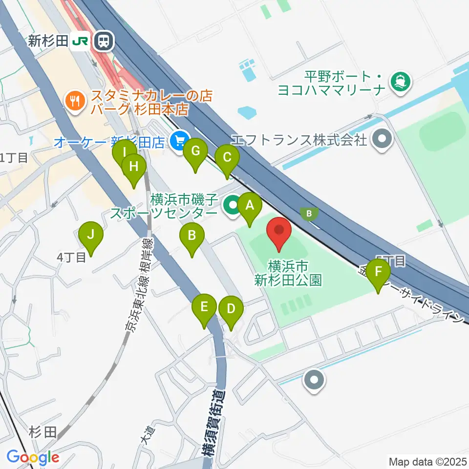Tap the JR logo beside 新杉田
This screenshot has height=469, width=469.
(80, 42)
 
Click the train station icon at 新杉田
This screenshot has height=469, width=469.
(104, 42)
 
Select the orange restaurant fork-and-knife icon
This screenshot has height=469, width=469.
(74, 101)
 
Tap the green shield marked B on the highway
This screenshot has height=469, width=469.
(309, 213)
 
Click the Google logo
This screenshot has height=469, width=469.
(33, 458)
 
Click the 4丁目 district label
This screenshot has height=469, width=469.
(71, 257)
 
